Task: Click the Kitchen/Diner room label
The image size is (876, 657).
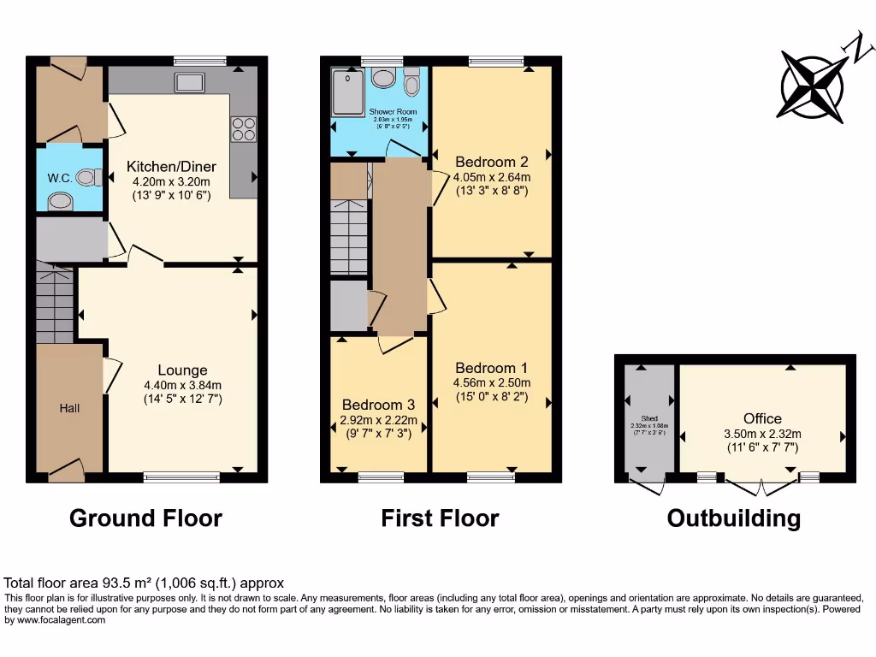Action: click(171, 166)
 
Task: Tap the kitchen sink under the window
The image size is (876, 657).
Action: click(188, 82)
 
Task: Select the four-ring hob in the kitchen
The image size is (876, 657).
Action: click(243, 128)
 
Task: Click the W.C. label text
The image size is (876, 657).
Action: click(59, 178)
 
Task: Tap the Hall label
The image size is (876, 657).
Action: click(69, 408)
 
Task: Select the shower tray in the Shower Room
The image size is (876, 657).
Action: click(348, 92)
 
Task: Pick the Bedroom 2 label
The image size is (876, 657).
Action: click(491, 162)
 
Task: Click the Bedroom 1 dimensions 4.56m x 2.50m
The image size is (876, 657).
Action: click(492, 382)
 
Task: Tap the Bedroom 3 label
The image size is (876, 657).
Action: click(378, 405)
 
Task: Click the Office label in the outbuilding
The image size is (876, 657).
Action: click(761, 418)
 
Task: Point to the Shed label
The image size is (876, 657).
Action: click(649, 418)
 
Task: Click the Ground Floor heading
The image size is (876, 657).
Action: click(145, 518)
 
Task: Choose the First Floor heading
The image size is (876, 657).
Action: click(440, 518)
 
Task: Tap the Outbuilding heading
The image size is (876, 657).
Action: click(734, 518)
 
